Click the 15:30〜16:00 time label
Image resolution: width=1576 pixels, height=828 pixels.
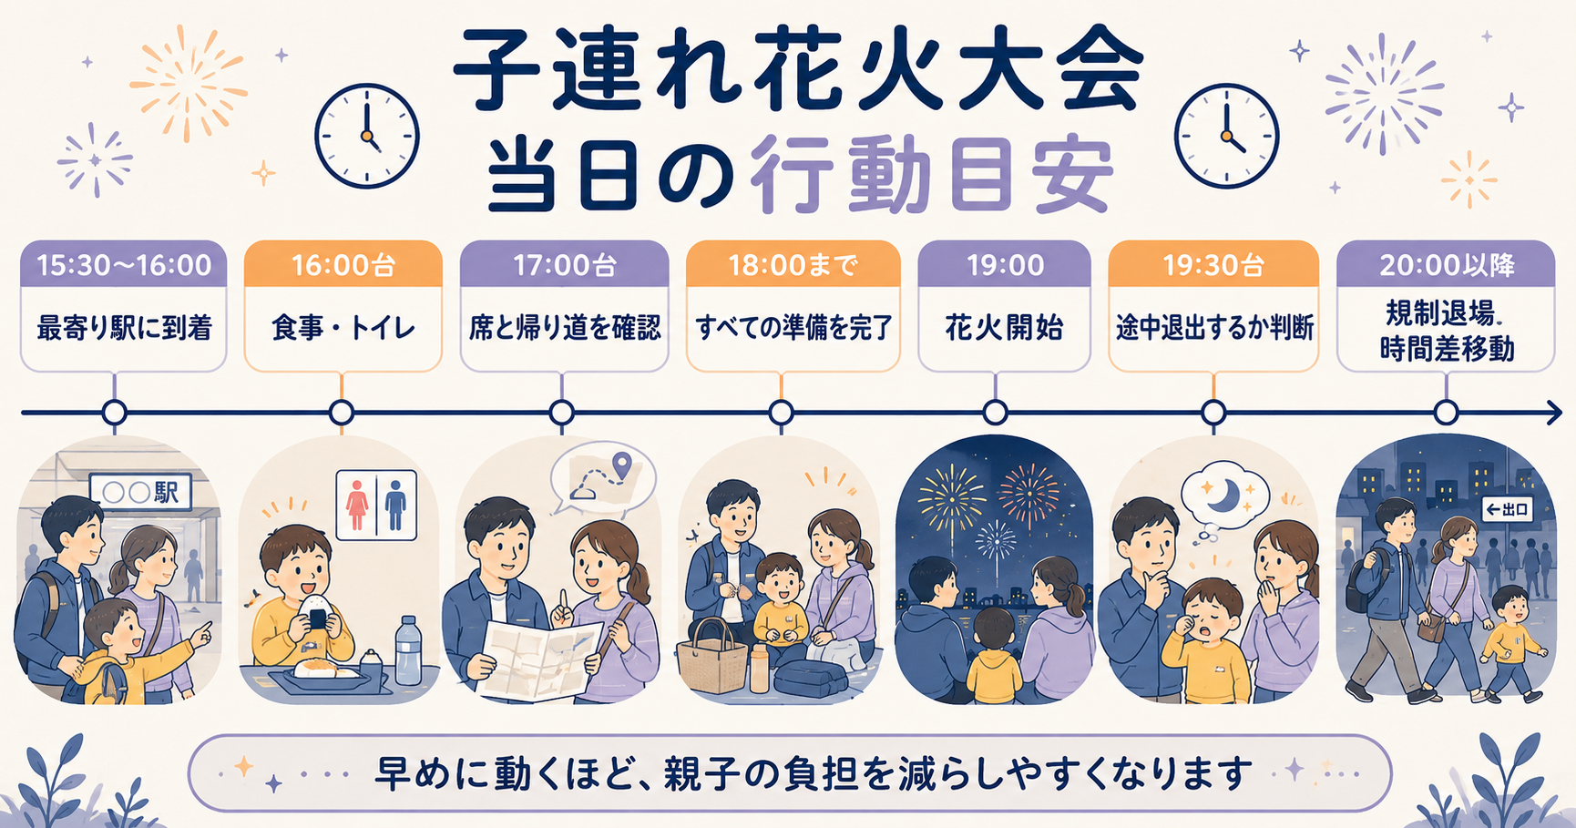tap(124, 265)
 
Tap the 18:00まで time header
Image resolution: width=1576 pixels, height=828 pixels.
tap(793, 265)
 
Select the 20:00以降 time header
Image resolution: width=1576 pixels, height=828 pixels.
tap(1447, 265)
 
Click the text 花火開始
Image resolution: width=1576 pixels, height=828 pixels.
tap(1004, 328)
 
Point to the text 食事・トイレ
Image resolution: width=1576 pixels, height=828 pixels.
tap(343, 328)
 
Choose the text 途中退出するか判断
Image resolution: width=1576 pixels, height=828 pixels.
tap(1214, 328)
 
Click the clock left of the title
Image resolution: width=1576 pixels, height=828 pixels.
tap(367, 136)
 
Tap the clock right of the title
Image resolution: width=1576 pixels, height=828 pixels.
tap(1226, 136)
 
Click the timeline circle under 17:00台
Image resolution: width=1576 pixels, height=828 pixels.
tap(562, 413)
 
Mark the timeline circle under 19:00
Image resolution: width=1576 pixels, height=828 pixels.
tap(995, 413)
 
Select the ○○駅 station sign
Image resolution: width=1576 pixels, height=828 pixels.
tap(141, 492)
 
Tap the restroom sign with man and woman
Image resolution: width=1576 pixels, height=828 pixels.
tap(376, 505)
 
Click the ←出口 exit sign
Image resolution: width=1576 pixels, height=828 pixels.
tap(1508, 509)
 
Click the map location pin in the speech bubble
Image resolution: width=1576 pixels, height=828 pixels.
tap(622, 465)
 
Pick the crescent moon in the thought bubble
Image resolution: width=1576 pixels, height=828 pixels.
tap(1220, 496)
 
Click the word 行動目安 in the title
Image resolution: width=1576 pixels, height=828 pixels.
tap(932, 173)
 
